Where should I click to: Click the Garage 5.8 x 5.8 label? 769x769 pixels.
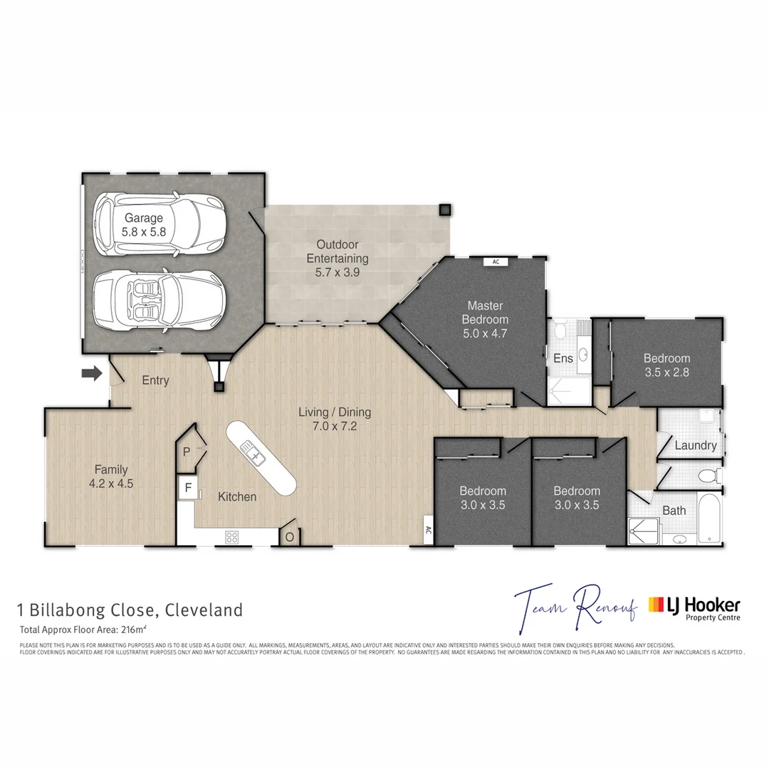[x=144, y=224]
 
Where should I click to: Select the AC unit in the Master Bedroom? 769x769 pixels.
[x=496, y=262]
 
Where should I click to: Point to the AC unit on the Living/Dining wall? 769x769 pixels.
[x=428, y=530]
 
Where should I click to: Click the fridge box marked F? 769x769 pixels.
[x=188, y=488]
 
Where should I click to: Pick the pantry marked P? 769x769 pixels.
[x=187, y=451]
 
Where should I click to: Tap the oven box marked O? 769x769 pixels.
[x=291, y=536]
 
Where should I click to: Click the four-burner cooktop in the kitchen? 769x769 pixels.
[x=232, y=537]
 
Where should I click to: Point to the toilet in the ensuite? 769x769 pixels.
[x=560, y=331]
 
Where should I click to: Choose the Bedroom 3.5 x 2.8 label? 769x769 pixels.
[x=666, y=365]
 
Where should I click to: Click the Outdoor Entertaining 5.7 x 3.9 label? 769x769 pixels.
[x=342, y=258]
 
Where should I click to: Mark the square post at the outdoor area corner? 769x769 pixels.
[x=445, y=210]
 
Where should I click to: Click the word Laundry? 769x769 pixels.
[x=695, y=446]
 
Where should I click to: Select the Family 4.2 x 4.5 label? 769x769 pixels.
[x=111, y=476]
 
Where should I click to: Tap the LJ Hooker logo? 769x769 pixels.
[x=694, y=607]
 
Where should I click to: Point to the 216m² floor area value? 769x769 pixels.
[x=133, y=629]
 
